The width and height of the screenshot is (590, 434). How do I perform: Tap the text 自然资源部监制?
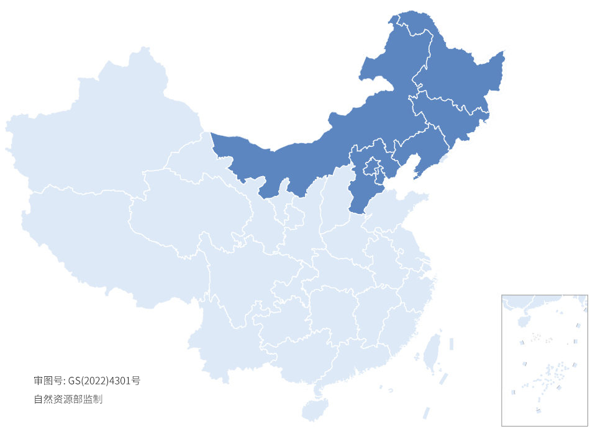pyautogui.click(x=68, y=399)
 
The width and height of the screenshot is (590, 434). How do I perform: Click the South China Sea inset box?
pyautogui.click(x=544, y=360)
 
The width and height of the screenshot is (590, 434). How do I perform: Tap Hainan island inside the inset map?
pyautogui.click(x=522, y=322)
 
